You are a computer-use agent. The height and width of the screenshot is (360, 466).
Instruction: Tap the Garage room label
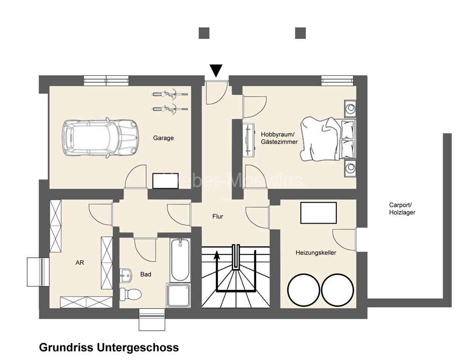[x=163, y=138]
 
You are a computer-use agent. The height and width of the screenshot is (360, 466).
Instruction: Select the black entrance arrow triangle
[x=216, y=71]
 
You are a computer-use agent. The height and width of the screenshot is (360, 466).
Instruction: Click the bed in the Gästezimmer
[x=327, y=140]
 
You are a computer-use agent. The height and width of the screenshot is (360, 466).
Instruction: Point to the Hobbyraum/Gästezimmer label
[x=279, y=138]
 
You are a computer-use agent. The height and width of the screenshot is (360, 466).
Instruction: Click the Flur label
[x=217, y=217]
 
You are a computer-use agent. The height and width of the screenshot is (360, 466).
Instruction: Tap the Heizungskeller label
[x=316, y=253]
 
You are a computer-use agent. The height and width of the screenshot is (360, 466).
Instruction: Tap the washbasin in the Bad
[x=125, y=275]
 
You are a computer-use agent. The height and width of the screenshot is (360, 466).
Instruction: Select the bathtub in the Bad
[x=180, y=260]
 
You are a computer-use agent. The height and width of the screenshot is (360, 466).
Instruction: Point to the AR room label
[x=80, y=263]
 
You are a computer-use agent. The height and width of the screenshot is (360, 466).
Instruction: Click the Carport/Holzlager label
[x=402, y=209]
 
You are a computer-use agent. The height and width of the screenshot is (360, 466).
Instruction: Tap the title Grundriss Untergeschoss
[x=109, y=348]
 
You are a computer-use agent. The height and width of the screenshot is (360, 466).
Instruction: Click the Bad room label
[x=146, y=275]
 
